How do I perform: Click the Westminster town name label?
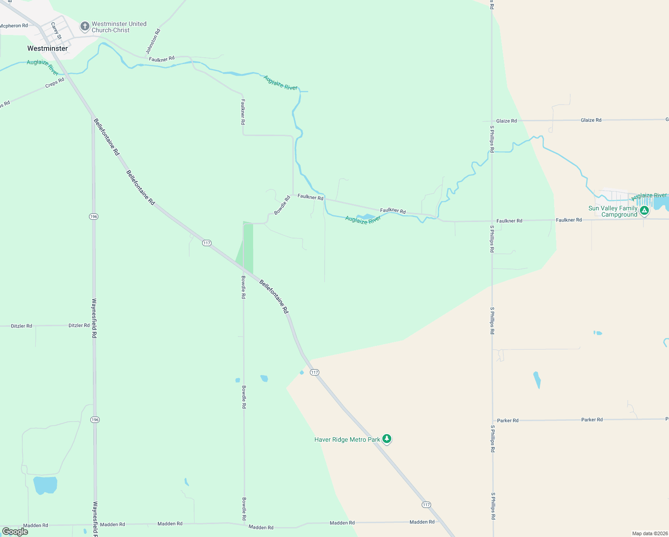click(x=47, y=48)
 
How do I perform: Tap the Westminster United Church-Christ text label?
click(x=119, y=27)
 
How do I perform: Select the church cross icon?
click(x=85, y=26)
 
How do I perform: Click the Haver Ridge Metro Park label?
click(x=347, y=439)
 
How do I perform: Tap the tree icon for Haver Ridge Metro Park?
click(x=387, y=439)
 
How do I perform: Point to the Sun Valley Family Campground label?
click(x=613, y=211)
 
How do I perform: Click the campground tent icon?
click(x=644, y=210)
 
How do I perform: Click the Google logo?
click(x=15, y=531)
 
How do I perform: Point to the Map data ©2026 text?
click(x=649, y=533)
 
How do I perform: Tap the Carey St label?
click(x=56, y=31)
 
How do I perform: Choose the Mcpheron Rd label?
click(x=14, y=26)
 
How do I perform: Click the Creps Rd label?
click(x=55, y=83)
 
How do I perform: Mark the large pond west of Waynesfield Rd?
click(x=45, y=485)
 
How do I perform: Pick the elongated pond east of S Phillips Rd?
click(x=537, y=380)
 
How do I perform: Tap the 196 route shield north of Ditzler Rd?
click(x=93, y=217)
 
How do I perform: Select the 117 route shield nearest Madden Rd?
click(x=426, y=505)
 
